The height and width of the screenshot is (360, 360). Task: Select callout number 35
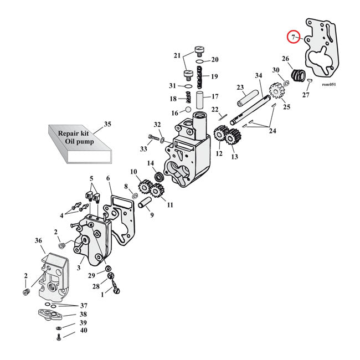coord(107,124)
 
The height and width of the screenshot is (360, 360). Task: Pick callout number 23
coord(240,87)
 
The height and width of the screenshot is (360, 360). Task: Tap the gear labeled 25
coord(273,90)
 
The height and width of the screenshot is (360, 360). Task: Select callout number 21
coord(177,55)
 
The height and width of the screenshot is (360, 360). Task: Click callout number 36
coord(38,240)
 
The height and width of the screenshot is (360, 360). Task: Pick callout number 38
coord(83,314)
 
